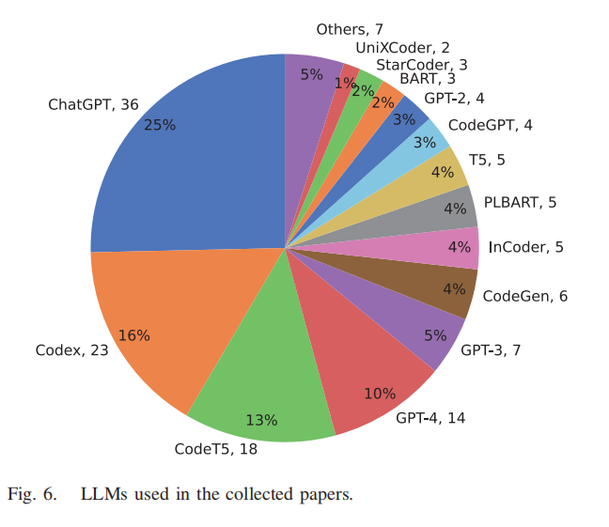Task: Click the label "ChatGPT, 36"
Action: pos(93,104)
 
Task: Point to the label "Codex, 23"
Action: pos(72,350)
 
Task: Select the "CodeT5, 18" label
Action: pos(216,448)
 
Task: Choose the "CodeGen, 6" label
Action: pos(524,296)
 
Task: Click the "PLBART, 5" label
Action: pos(520,201)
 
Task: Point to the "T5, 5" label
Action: pos(488,160)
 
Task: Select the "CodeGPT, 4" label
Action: pos(491,125)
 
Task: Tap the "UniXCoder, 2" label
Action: pos(402,48)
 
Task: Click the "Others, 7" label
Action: pos(350,30)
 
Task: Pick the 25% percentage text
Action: pos(160,125)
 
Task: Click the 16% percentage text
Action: pos(134,335)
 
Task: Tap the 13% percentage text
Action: pos(261,420)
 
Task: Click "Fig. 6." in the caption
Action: pos(32,493)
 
